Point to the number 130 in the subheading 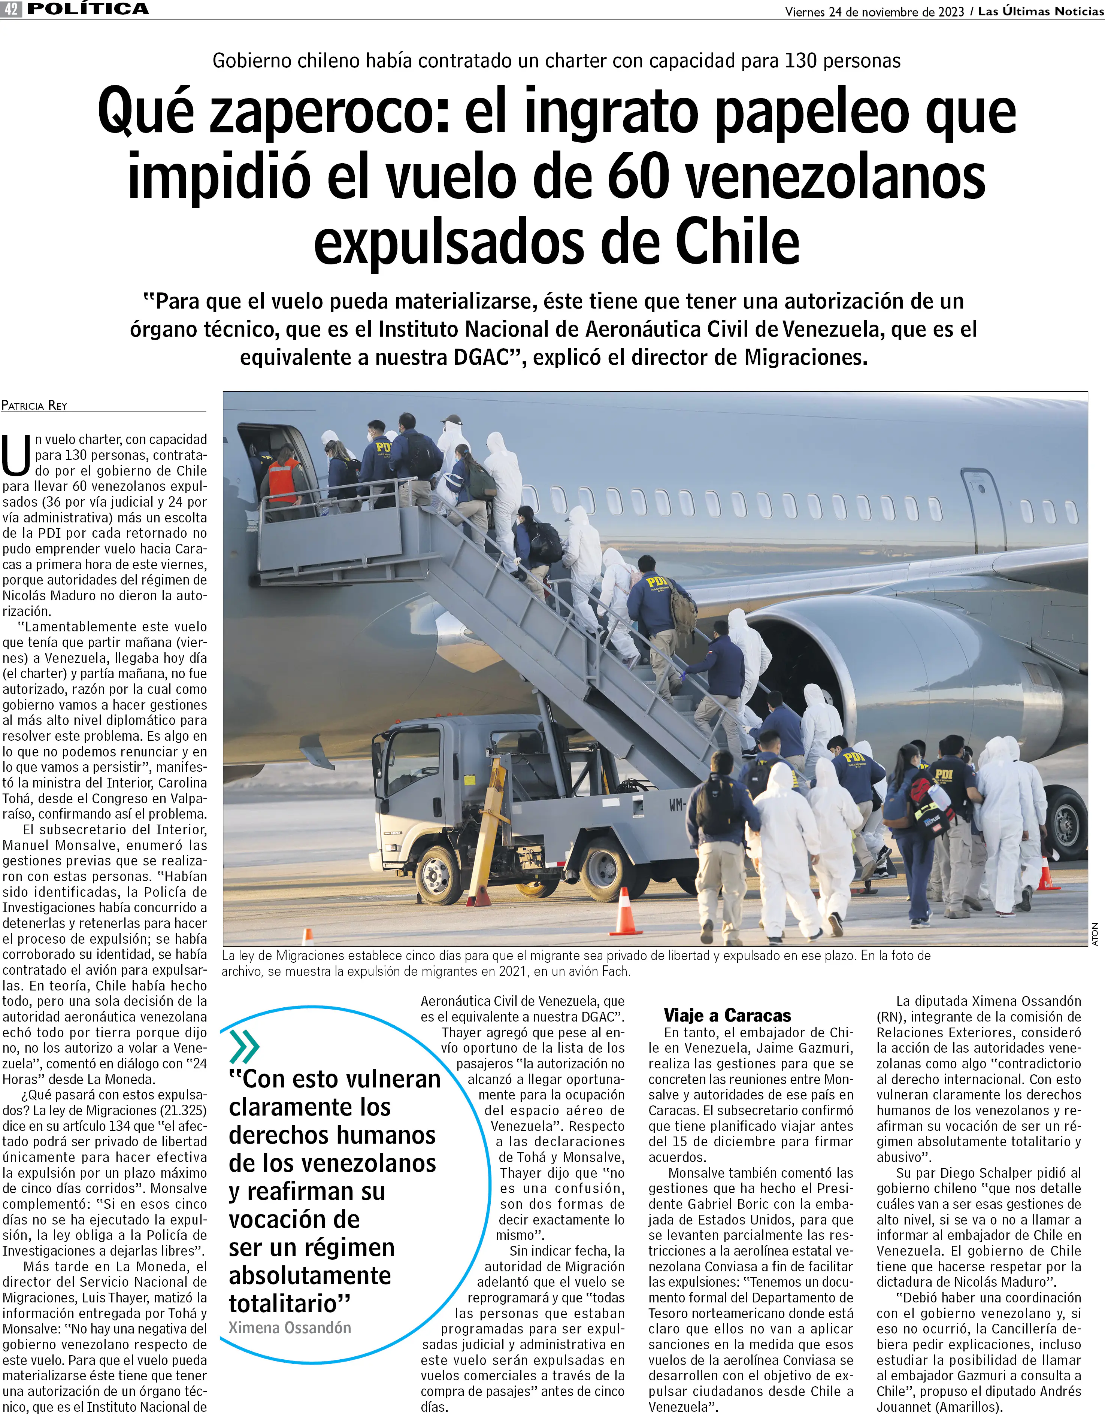(x=800, y=61)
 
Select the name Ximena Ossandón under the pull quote (x=290, y=1327)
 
